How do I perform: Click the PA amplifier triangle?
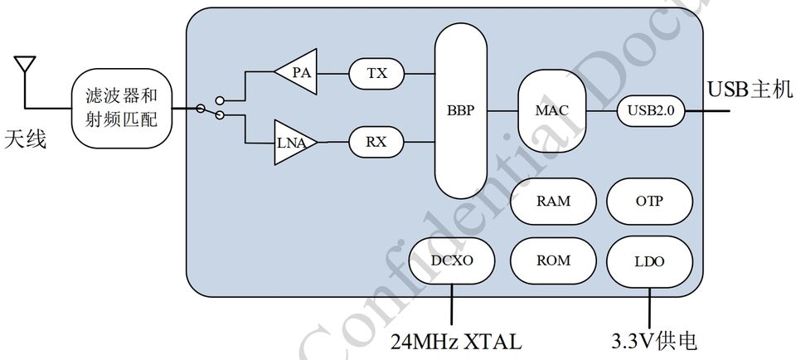(x=298, y=73)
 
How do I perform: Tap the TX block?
(x=377, y=73)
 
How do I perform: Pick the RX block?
(x=377, y=142)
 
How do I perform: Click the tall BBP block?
(x=462, y=110)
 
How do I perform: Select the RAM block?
(x=553, y=202)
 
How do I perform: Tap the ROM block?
(x=553, y=260)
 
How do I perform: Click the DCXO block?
(x=452, y=260)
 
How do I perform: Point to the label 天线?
(x=26, y=138)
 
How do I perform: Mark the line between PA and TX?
(x=333, y=73)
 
